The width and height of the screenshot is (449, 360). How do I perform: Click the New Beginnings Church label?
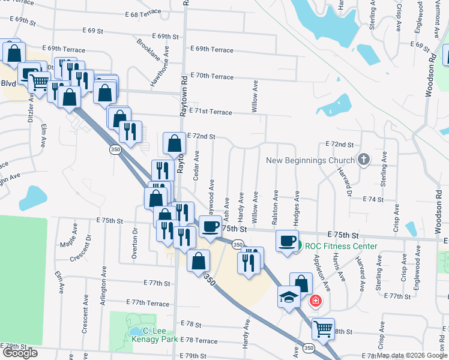pos(310,160)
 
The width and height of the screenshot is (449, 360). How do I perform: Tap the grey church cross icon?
pos(363,160)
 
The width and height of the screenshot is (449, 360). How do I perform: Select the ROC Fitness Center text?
pos(341,246)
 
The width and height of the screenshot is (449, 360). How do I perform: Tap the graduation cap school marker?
pos(289,298)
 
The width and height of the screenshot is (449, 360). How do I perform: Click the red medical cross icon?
pos(315,301)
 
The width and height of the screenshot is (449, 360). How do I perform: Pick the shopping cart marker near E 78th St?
pos(323,329)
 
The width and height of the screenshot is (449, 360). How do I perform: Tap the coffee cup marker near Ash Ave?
pos(211,226)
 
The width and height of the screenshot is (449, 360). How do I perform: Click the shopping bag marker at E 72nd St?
pos(174,143)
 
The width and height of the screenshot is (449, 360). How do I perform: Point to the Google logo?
pos(20,353)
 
